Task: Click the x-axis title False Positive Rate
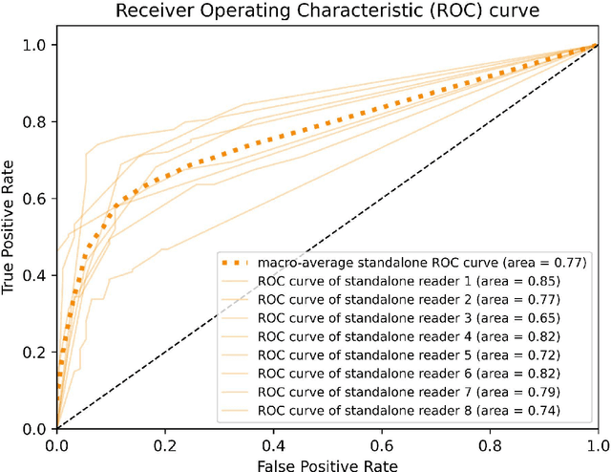click(x=327, y=463)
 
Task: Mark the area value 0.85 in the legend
click(x=537, y=281)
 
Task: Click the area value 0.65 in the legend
click(x=537, y=317)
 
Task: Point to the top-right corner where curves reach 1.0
click(x=598, y=45)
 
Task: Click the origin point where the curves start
click(x=56, y=428)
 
